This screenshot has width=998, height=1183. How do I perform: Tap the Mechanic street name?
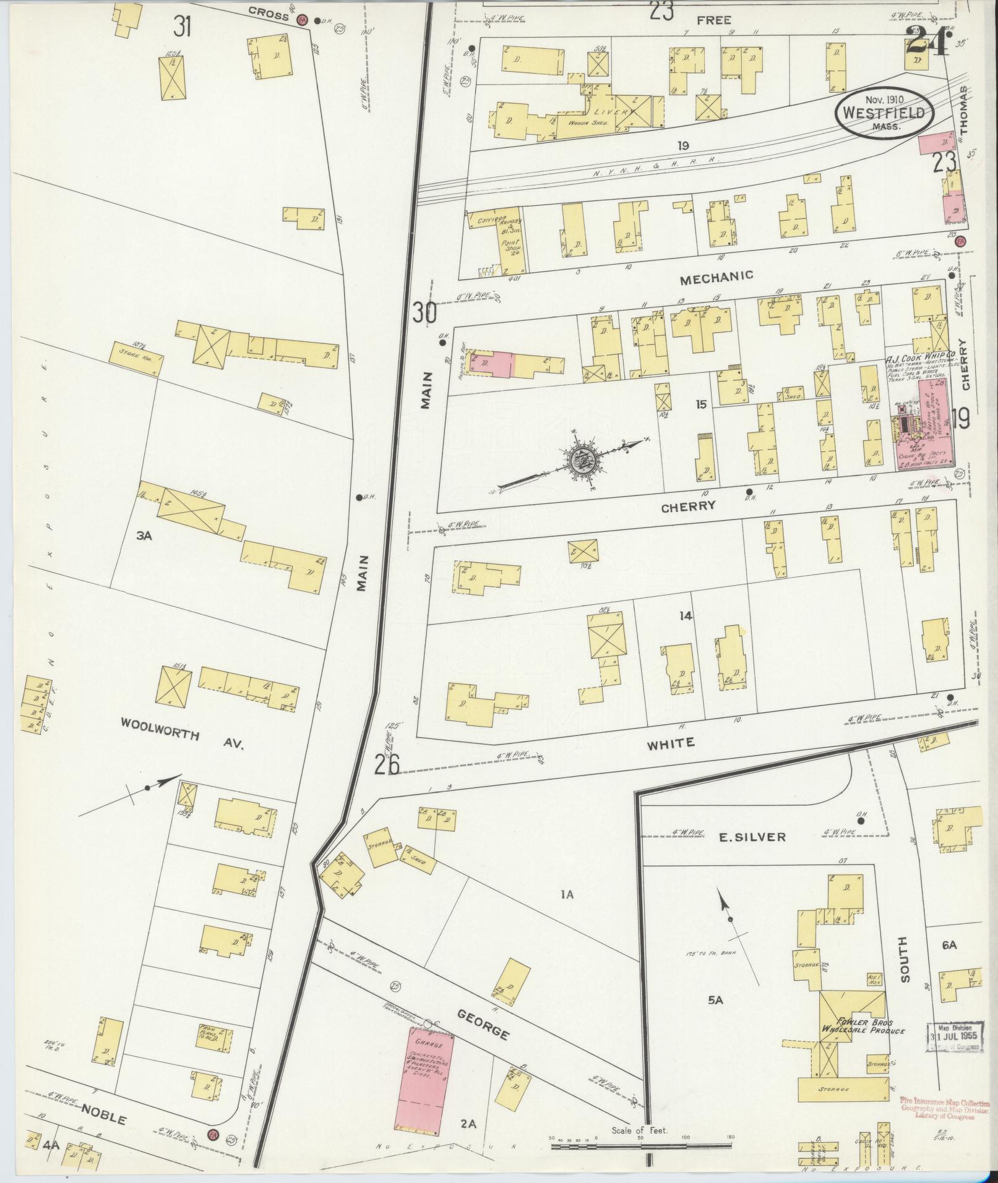716,278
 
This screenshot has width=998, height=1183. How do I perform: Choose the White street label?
671,743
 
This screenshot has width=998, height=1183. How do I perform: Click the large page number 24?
927,43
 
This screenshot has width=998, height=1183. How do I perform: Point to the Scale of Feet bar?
640,1146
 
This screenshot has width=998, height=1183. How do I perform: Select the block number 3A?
144,536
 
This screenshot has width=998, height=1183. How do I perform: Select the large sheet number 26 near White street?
387,765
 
